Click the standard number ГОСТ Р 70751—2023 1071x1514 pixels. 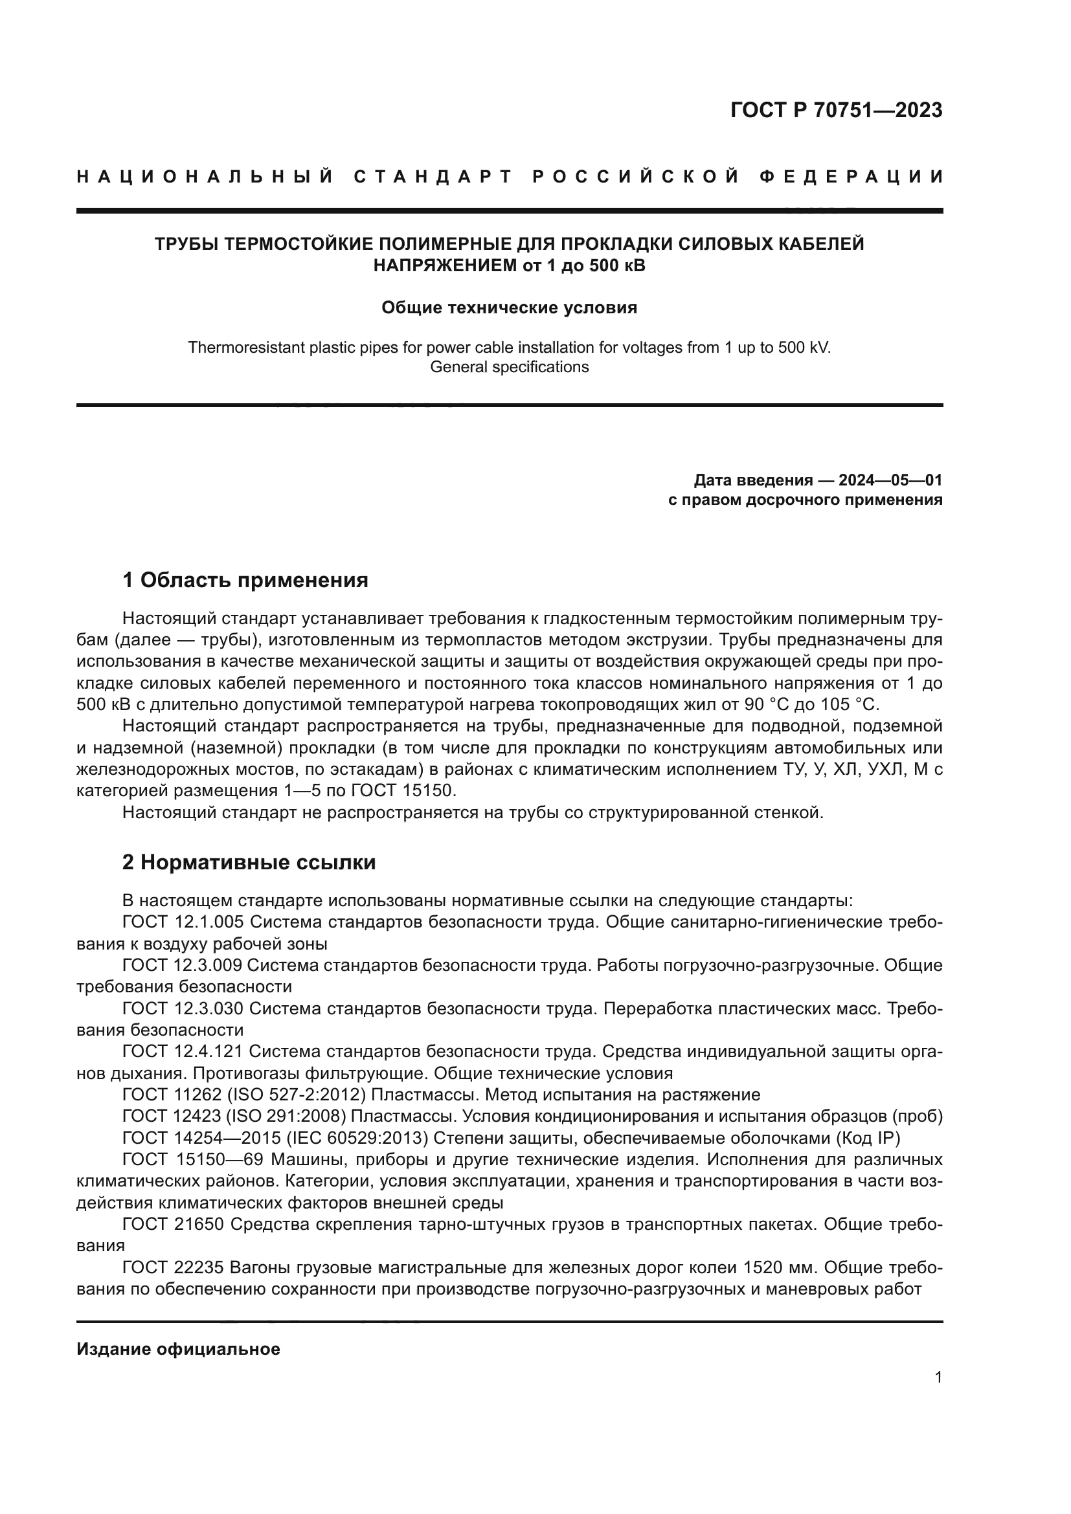(835, 110)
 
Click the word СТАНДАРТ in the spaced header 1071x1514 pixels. (433, 177)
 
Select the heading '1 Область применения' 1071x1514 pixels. (245, 580)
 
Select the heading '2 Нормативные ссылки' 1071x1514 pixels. (249, 862)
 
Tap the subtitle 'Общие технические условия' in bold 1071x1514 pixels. (509, 308)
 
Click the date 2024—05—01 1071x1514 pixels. (890, 480)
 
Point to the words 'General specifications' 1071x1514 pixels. (509, 366)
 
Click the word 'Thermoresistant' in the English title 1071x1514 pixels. (241, 348)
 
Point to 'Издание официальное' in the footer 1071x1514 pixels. (178, 1349)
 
